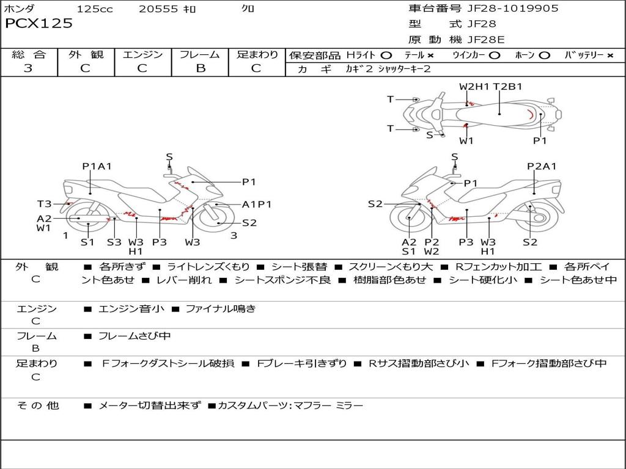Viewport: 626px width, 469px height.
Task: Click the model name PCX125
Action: pyautogui.click(x=39, y=24)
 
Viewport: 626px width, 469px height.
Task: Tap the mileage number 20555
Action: pyautogui.click(x=158, y=9)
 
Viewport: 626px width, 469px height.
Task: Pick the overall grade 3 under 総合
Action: pyautogui.click(x=28, y=68)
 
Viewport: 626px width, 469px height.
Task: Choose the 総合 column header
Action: pyautogui.click(x=28, y=54)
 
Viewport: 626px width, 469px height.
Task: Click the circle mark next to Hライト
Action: pyautogui.click(x=386, y=55)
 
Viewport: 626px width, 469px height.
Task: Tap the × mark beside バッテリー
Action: pyautogui.click(x=610, y=55)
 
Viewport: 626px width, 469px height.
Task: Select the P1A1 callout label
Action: pyautogui.click(x=97, y=166)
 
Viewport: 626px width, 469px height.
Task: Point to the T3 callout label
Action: pyautogui.click(x=45, y=204)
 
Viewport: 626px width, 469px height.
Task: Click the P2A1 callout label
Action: pyautogui.click(x=542, y=166)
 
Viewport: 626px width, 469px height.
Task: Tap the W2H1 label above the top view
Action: pyautogui.click(x=474, y=87)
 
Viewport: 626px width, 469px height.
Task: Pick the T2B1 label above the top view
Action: pyautogui.click(x=507, y=87)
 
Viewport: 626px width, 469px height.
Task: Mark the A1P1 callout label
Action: pyautogui.click(x=257, y=204)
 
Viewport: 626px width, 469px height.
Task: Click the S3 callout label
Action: pyautogui.click(x=114, y=242)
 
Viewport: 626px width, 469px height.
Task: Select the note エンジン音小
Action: pyautogui.click(x=131, y=309)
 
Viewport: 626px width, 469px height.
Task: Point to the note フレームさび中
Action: pyautogui.click(x=134, y=336)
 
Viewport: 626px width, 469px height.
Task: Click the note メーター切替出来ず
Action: pyautogui.click(x=149, y=405)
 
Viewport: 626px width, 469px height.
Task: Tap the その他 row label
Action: pyautogui.click(x=37, y=405)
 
